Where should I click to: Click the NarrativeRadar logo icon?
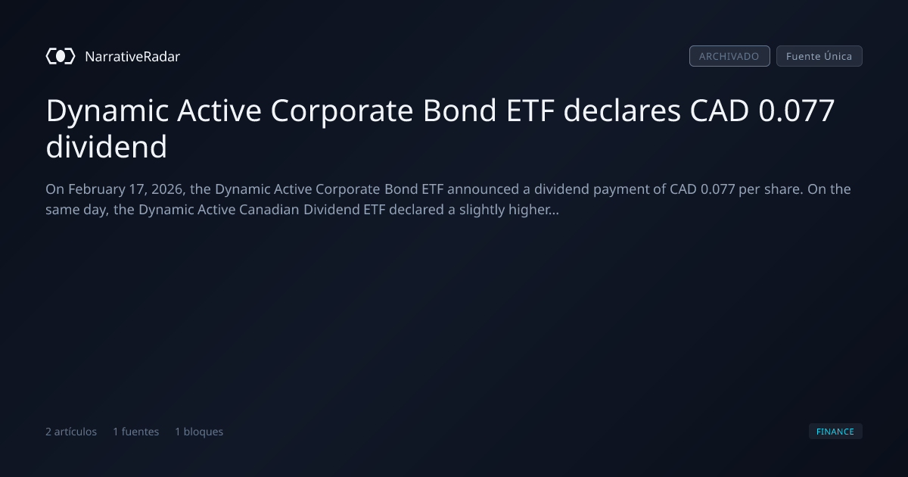click(61, 56)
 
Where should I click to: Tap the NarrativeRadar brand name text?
click(132, 56)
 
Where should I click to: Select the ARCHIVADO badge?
click(729, 56)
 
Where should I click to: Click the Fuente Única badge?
click(819, 56)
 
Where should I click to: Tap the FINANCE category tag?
click(835, 431)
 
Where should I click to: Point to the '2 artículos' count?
click(71, 432)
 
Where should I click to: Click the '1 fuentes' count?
click(135, 432)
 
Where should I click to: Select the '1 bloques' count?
click(199, 432)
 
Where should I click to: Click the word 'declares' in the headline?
click(622, 111)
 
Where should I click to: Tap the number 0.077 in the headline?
click(797, 111)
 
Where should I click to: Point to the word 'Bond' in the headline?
click(460, 111)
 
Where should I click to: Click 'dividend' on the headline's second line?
click(106, 146)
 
